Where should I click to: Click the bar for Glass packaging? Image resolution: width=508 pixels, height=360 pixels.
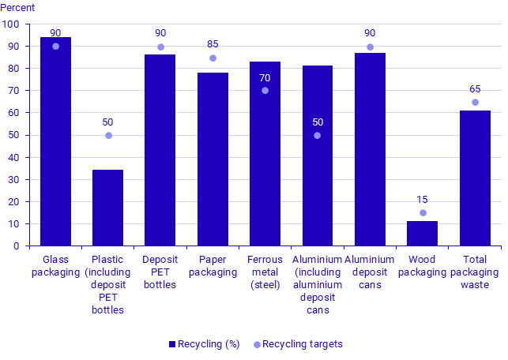(55, 142)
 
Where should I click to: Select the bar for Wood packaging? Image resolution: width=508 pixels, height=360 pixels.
(422, 234)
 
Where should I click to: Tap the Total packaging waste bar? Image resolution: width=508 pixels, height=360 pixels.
(475, 178)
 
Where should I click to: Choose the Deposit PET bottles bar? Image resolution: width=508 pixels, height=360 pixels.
(160, 150)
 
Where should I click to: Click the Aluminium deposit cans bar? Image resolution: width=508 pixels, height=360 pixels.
(370, 149)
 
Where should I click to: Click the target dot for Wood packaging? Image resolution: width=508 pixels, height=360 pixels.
(423, 213)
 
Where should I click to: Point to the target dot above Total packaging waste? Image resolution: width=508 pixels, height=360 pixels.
(475, 103)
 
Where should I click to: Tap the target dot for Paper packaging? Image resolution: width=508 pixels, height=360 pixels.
(213, 58)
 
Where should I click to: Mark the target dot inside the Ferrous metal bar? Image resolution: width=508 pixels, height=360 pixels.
(265, 91)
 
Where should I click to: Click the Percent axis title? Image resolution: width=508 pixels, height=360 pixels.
(19, 9)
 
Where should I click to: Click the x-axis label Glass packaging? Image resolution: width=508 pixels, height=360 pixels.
(55, 265)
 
